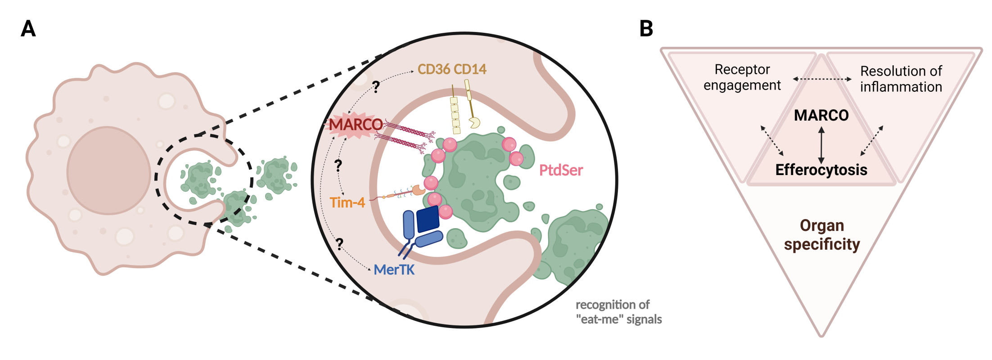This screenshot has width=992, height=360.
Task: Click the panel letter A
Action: coord(28,29)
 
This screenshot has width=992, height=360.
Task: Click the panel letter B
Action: coord(646,29)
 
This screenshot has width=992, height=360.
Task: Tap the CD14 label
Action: coord(470,69)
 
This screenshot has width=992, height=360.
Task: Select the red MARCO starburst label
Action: coord(356,125)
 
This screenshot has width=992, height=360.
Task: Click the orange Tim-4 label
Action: coord(347,202)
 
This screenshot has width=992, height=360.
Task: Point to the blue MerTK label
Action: coord(394,270)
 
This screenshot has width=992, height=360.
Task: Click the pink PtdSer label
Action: coord(561,170)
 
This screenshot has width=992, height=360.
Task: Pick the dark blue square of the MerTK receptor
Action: coord(428,219)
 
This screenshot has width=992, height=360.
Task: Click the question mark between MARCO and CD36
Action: coord(376,86)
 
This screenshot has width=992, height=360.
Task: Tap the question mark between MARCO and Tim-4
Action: coord(338,166)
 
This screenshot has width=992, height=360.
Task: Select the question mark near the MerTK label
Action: coord(339,244)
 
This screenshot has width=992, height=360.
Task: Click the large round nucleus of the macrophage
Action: coord(108,171)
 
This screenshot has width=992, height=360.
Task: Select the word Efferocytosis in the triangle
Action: coord(821,170)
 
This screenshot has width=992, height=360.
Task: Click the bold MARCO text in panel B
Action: coord(821,115)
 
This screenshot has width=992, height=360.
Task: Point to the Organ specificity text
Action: coord(822,234)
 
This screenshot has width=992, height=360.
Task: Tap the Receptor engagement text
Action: coord(742,77)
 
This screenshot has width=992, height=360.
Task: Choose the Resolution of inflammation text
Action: coord(901,79)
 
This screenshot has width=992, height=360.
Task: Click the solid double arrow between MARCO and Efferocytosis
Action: coord(821,144)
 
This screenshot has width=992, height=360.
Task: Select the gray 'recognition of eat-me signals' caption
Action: coord(618,312)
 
